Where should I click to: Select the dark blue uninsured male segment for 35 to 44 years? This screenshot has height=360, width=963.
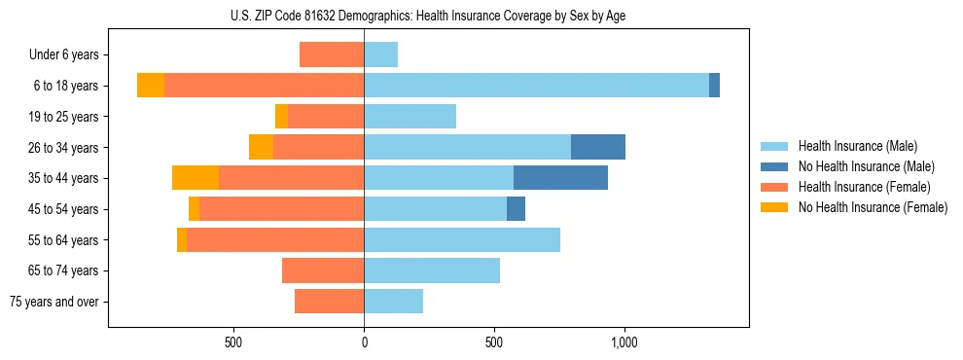(x=560, y=178)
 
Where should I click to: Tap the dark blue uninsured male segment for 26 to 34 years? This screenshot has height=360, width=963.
(x=597, y=147)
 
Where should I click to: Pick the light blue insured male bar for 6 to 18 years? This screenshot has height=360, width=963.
(x=536, y=86)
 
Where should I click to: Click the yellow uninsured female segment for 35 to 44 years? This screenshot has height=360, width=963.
(x=196, y=178)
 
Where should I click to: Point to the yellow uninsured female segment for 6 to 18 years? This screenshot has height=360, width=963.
(x=151, y=86)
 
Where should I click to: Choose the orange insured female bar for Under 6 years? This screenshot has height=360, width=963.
(x=332, y=54)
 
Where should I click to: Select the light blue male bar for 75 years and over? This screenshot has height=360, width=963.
(x=394, y=302)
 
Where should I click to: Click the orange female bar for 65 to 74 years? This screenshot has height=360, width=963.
(x=323, y=270)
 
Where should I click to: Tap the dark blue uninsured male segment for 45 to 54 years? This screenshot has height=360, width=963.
(x=516, y=209)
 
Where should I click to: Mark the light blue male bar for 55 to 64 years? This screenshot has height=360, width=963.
(x=462, y=239)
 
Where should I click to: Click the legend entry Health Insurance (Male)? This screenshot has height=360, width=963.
(x=857, y=146)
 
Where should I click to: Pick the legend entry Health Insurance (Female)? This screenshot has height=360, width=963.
(x=864, y=187)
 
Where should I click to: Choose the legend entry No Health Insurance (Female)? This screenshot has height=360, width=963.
(x=873, y=207)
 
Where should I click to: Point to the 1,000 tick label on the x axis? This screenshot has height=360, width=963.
(x=624, y=342)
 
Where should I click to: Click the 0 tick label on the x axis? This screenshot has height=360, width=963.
(x=364, y=342)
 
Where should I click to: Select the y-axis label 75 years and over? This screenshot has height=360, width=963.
(x=54, y=302)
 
